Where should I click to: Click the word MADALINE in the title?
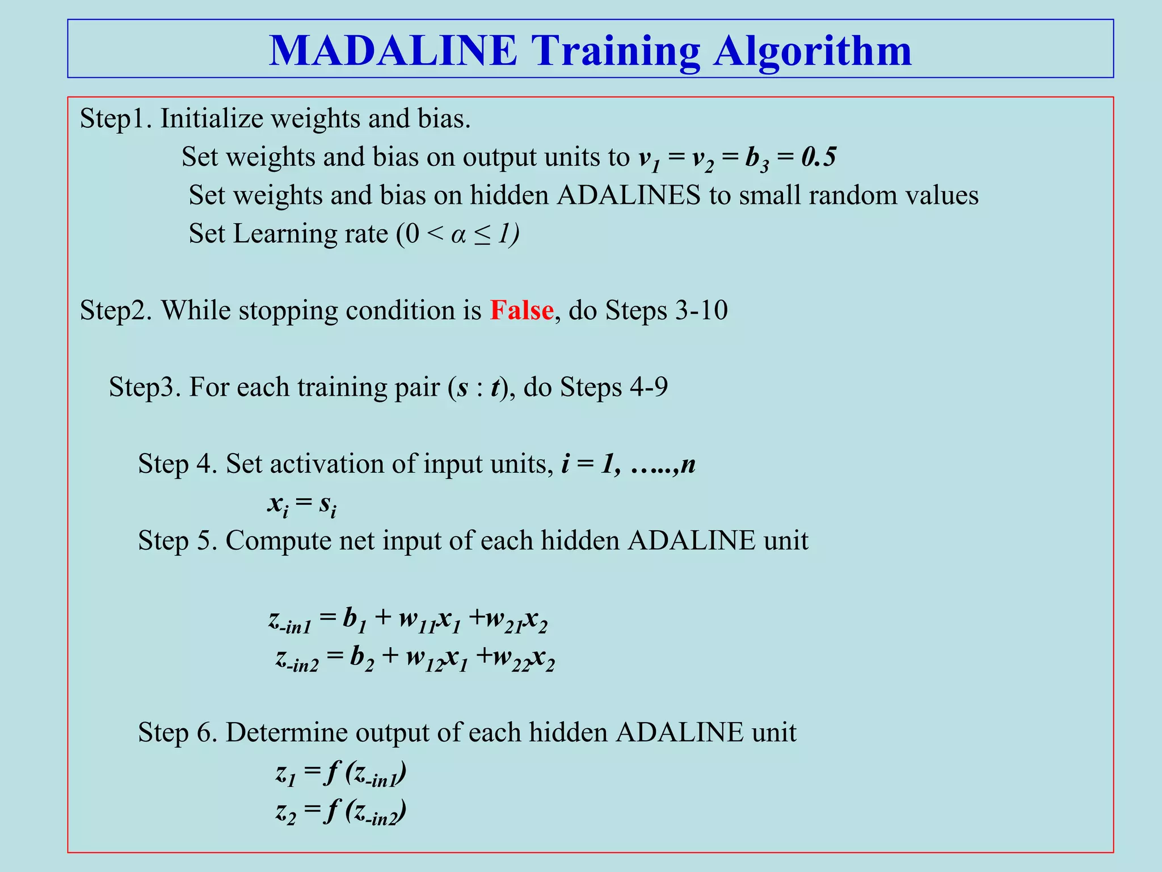click(x=393, y=51)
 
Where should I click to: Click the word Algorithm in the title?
click(x=812, y=52)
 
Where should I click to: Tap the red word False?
click(x=521, y=311)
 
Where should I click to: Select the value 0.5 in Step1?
click(x=818, y=157)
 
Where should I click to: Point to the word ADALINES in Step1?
click(x=628, y=196)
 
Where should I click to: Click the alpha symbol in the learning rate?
click(x=458, y=234)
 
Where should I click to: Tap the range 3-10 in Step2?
click(x=701, y=311)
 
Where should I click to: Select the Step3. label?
click(x=145, y=388)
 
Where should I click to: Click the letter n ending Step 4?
click(x=688, y=464)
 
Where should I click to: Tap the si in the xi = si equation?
click(x=327, y=505)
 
